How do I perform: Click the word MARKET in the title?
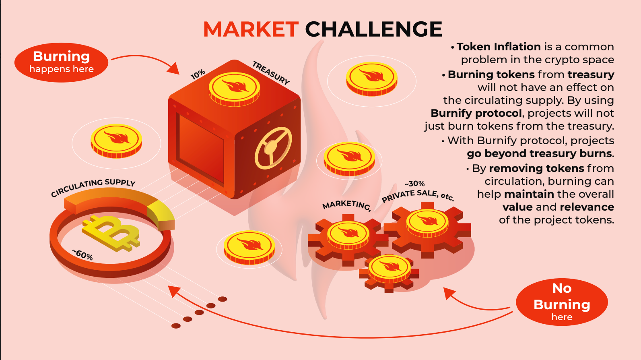[x=251, y=29]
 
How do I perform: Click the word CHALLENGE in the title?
[x=374, y=29]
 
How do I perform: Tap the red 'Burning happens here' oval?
[x=62, y=62]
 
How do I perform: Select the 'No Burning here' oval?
[x=562, y=302]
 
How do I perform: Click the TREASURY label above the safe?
[x=271, y=72]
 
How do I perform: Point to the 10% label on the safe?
[x=198, y=74]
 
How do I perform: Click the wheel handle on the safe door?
[x=273, y=148]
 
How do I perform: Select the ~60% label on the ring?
[x=83, y=254]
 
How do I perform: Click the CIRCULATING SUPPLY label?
[x=93, y=187]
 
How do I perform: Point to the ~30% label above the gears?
[x=415, y=184]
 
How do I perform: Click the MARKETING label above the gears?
[x=346, y=205]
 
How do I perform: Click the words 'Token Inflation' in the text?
[x=499, y=47]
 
